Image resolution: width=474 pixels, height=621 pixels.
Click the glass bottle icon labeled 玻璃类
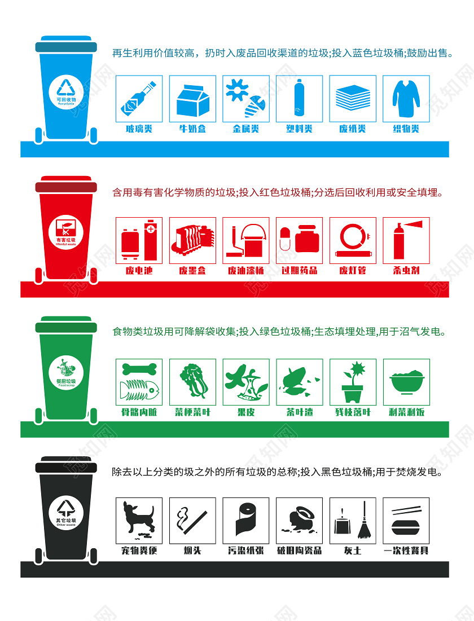pyautogui.click(x=139, y=99)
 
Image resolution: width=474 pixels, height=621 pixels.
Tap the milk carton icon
pyautogui.click(x=192, y=99)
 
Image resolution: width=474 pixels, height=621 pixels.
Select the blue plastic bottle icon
pyautogui.click(x=299, y=99)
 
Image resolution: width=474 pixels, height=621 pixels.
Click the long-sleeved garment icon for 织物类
pyautogui.click(x=406, y=99)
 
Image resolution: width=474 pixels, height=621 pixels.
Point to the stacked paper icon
pyautogui.click(x=353, y=99)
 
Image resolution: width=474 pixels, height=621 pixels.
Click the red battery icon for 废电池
pyautogui.click(x=139, y=240)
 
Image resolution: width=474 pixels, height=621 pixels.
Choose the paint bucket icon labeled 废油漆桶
pyautogui.click(x=245, y=240)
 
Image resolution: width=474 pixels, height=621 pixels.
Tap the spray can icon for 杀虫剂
pyautogui.click(x=406, y=240)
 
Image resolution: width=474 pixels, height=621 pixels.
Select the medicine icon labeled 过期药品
pyautogui.click(x=299, y=240)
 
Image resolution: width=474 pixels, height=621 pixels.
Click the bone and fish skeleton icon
pyautogui.click(x=139, y=382)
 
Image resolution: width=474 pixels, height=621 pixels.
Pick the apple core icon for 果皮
pyautogui.click(x=245, y=382)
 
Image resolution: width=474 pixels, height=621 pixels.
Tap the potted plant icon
pyautogui.click(x=353, y=382)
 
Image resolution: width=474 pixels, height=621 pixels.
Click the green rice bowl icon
pyautogui.click(x=406, y=382)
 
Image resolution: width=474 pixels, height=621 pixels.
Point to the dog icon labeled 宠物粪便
pyautogui.click(x=139, y=520)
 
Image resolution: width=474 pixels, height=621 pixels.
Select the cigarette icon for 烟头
pyautogui.click(x=192, y=520)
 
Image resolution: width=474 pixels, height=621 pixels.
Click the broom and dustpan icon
pyautogui.click(x=353, y=520)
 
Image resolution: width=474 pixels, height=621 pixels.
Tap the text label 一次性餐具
pyautogui.click(x=406, y=550)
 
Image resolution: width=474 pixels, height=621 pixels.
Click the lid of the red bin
pyautogui.click(x=66, y=186)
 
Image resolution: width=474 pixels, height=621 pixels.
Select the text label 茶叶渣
pyautogui.click(x=299, y=412)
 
